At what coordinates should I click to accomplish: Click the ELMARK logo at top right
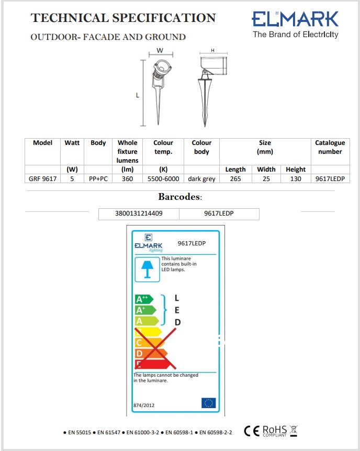point(296,25)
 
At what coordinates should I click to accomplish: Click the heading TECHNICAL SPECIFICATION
point(123,18)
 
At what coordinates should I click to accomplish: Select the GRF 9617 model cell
point(43,178)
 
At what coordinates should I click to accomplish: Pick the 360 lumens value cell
point(127,178)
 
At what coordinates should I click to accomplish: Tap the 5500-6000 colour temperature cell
point(163,178)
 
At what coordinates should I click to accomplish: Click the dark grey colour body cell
point(201,178)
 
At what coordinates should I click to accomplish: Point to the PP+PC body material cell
point(98,178)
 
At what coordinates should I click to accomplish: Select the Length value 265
point(235,178)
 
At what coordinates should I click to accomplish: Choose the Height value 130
point(296,178)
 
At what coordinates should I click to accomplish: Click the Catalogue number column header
point(330,147)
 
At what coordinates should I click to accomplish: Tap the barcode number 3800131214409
point(139,213)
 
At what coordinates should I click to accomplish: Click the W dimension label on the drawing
point(160,51)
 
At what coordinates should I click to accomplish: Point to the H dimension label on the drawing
point(212,51)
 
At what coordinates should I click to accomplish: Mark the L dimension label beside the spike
point(138,96)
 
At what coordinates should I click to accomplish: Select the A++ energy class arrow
point(144,299)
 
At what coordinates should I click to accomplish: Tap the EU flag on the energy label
point(208,402)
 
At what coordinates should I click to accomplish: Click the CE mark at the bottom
point(252,431)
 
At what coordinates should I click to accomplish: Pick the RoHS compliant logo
point(274,431)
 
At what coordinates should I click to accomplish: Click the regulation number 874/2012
point(144,405)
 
